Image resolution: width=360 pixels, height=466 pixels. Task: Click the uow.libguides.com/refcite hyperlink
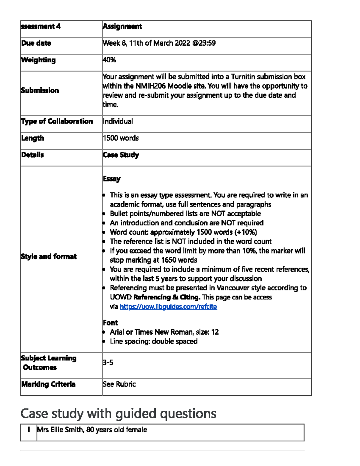pos(168,306)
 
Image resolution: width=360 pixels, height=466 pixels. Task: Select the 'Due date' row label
pos(36,43)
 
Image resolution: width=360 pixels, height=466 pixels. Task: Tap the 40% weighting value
pos(109,60)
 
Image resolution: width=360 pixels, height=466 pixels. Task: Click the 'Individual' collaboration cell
pos(118,121)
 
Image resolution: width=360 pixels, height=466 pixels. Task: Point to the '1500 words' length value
pos(121,138)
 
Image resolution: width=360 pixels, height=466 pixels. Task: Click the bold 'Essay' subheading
pos(112,179)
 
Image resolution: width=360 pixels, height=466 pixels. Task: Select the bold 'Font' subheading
pos(110,323)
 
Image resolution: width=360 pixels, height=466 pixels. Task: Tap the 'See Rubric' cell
pos(119,384)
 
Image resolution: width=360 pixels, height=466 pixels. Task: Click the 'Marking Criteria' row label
pos(48,384)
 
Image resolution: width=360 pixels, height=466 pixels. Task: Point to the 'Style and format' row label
pos(49,257)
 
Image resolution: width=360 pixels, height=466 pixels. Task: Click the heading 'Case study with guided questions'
pos(118,413)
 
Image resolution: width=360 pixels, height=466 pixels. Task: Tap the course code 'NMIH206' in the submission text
pos(150,86)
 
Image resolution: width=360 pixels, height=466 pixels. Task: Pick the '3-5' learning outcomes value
pos(108,362)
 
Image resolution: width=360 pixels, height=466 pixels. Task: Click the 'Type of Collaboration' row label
pos(57,121)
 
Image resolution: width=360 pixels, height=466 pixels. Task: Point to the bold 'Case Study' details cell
pos(121,155)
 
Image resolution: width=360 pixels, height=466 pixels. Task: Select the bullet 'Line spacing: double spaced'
pos(154,341)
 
